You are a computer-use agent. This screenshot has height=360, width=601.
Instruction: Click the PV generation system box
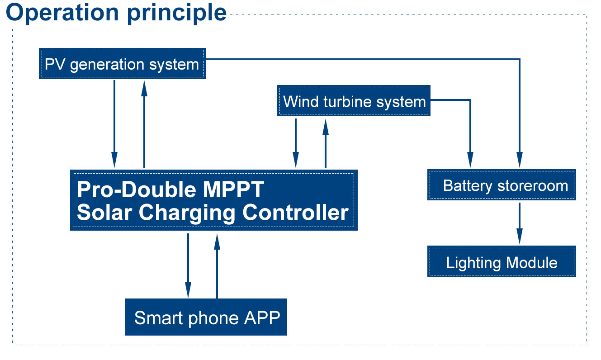point(122,64)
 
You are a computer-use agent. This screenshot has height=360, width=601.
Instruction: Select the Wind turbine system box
point(353,101)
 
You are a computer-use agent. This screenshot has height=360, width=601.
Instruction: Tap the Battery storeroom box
point(502,185)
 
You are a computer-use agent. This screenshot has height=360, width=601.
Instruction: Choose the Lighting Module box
point(502,262)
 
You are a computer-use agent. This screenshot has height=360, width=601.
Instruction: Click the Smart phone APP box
point(206,317)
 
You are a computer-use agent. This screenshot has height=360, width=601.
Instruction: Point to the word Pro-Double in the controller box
point(134,189)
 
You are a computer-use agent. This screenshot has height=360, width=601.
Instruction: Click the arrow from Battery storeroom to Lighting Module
point(520,223)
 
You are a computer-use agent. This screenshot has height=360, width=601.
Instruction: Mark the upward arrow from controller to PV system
point(144,124)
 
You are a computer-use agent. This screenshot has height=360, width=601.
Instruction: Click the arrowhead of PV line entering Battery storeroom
point(520,161)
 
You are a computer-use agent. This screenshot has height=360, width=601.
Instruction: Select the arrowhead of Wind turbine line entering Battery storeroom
point(470,161)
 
